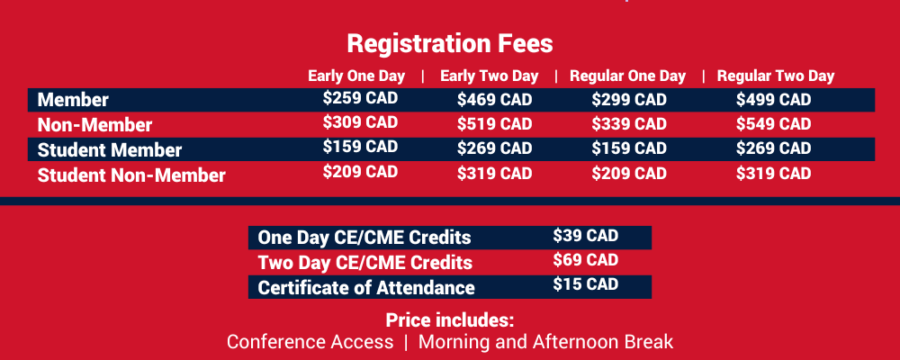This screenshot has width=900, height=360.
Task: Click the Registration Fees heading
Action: coord(449,43)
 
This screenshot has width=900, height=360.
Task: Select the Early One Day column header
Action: coord(356,76)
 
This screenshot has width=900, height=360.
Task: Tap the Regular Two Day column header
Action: coord(776,76)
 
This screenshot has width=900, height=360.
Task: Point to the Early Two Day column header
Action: coord(488,76)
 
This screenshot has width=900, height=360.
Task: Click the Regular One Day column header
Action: coord(627,76)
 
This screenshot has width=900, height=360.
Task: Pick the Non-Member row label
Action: coord(94,125)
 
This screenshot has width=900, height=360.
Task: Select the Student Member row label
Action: coord(110,150)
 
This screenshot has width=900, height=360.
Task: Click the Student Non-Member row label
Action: coord(131,175)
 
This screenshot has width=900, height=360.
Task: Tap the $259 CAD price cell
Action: coord(360,99)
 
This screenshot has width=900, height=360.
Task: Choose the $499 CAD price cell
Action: coord(773,100)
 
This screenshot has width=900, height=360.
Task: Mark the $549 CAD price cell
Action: coord(773,124)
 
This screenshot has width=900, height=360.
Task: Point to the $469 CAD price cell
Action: coord(494,100)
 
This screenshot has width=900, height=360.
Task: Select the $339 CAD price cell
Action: coord(629,124)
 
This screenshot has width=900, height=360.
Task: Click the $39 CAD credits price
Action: coord(586,236)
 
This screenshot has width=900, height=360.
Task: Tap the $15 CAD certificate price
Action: coord(586,284)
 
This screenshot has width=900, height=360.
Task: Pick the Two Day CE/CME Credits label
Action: coord(364,263)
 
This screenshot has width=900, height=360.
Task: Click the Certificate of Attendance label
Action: coord(365,288)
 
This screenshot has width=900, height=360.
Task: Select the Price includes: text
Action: coord(449,319)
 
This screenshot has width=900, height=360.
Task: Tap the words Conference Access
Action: coord(310,342)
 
